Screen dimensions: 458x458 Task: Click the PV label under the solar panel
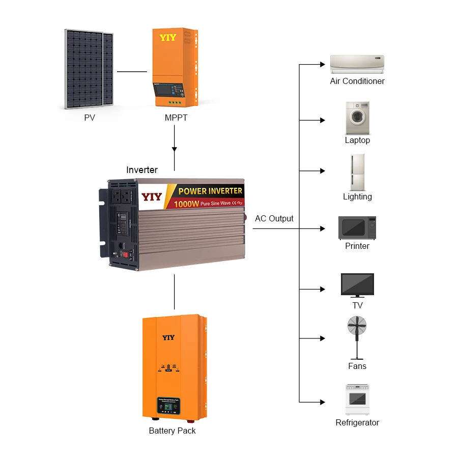pos(90,118)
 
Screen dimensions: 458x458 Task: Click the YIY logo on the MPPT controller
pos(168,38)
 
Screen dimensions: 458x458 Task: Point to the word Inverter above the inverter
pos(142,170)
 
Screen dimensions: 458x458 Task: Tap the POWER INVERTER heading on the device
pos(210,191)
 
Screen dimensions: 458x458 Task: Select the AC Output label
pos(274,219)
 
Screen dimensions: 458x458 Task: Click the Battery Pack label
pos(172,431)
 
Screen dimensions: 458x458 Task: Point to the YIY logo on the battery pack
pos(168,337)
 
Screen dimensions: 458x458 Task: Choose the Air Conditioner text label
pos(357,81)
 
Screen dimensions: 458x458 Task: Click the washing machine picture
pos(357,118)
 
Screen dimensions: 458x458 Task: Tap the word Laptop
pos(357,140)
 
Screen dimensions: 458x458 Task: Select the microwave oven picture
pos(357,227)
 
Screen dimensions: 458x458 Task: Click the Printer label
pos(357,246)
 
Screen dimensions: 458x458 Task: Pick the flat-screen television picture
pos(357,285)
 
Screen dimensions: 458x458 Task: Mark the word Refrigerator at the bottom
pos(357,423)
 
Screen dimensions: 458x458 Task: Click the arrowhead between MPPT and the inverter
pos(175,150)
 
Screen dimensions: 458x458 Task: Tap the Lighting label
pos(357,197)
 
